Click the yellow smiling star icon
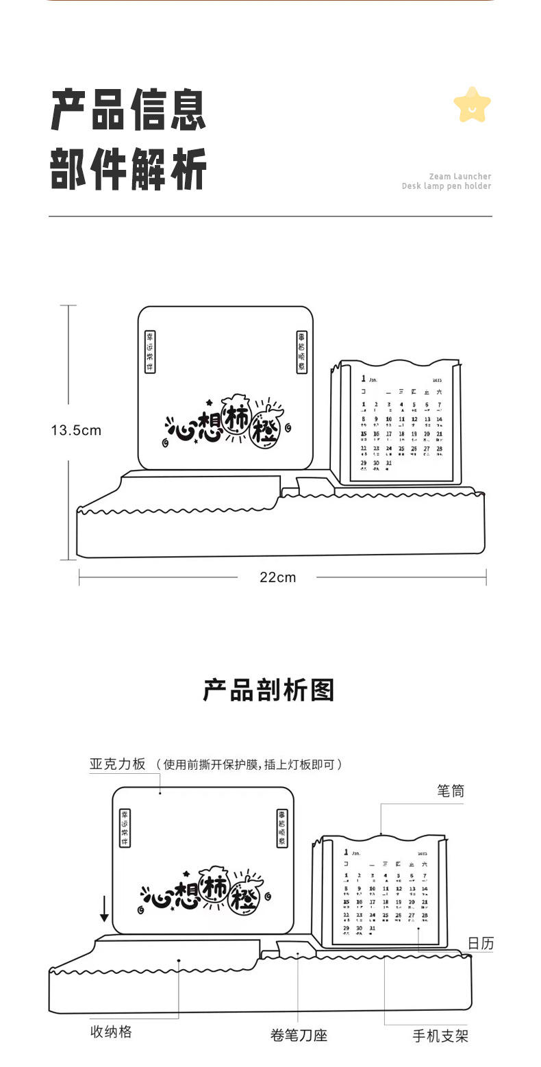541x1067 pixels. (472, 105)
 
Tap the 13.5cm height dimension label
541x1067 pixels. (76, 430)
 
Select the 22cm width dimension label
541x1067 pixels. (277, 577)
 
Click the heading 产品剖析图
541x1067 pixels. (268, 690)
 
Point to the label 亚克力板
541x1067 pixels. (117, 764)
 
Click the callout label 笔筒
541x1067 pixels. (451, 791)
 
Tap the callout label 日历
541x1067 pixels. (481, 943)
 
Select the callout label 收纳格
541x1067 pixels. (111, 1031)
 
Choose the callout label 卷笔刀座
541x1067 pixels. (299, 1035)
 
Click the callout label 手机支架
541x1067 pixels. (440, 1035)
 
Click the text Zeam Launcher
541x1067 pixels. (460, 176)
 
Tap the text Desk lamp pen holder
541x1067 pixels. (446, 186)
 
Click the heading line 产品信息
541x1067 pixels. (129, 110)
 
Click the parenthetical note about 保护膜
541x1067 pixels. (249, 764)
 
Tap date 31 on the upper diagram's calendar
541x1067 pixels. (389, 463)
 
